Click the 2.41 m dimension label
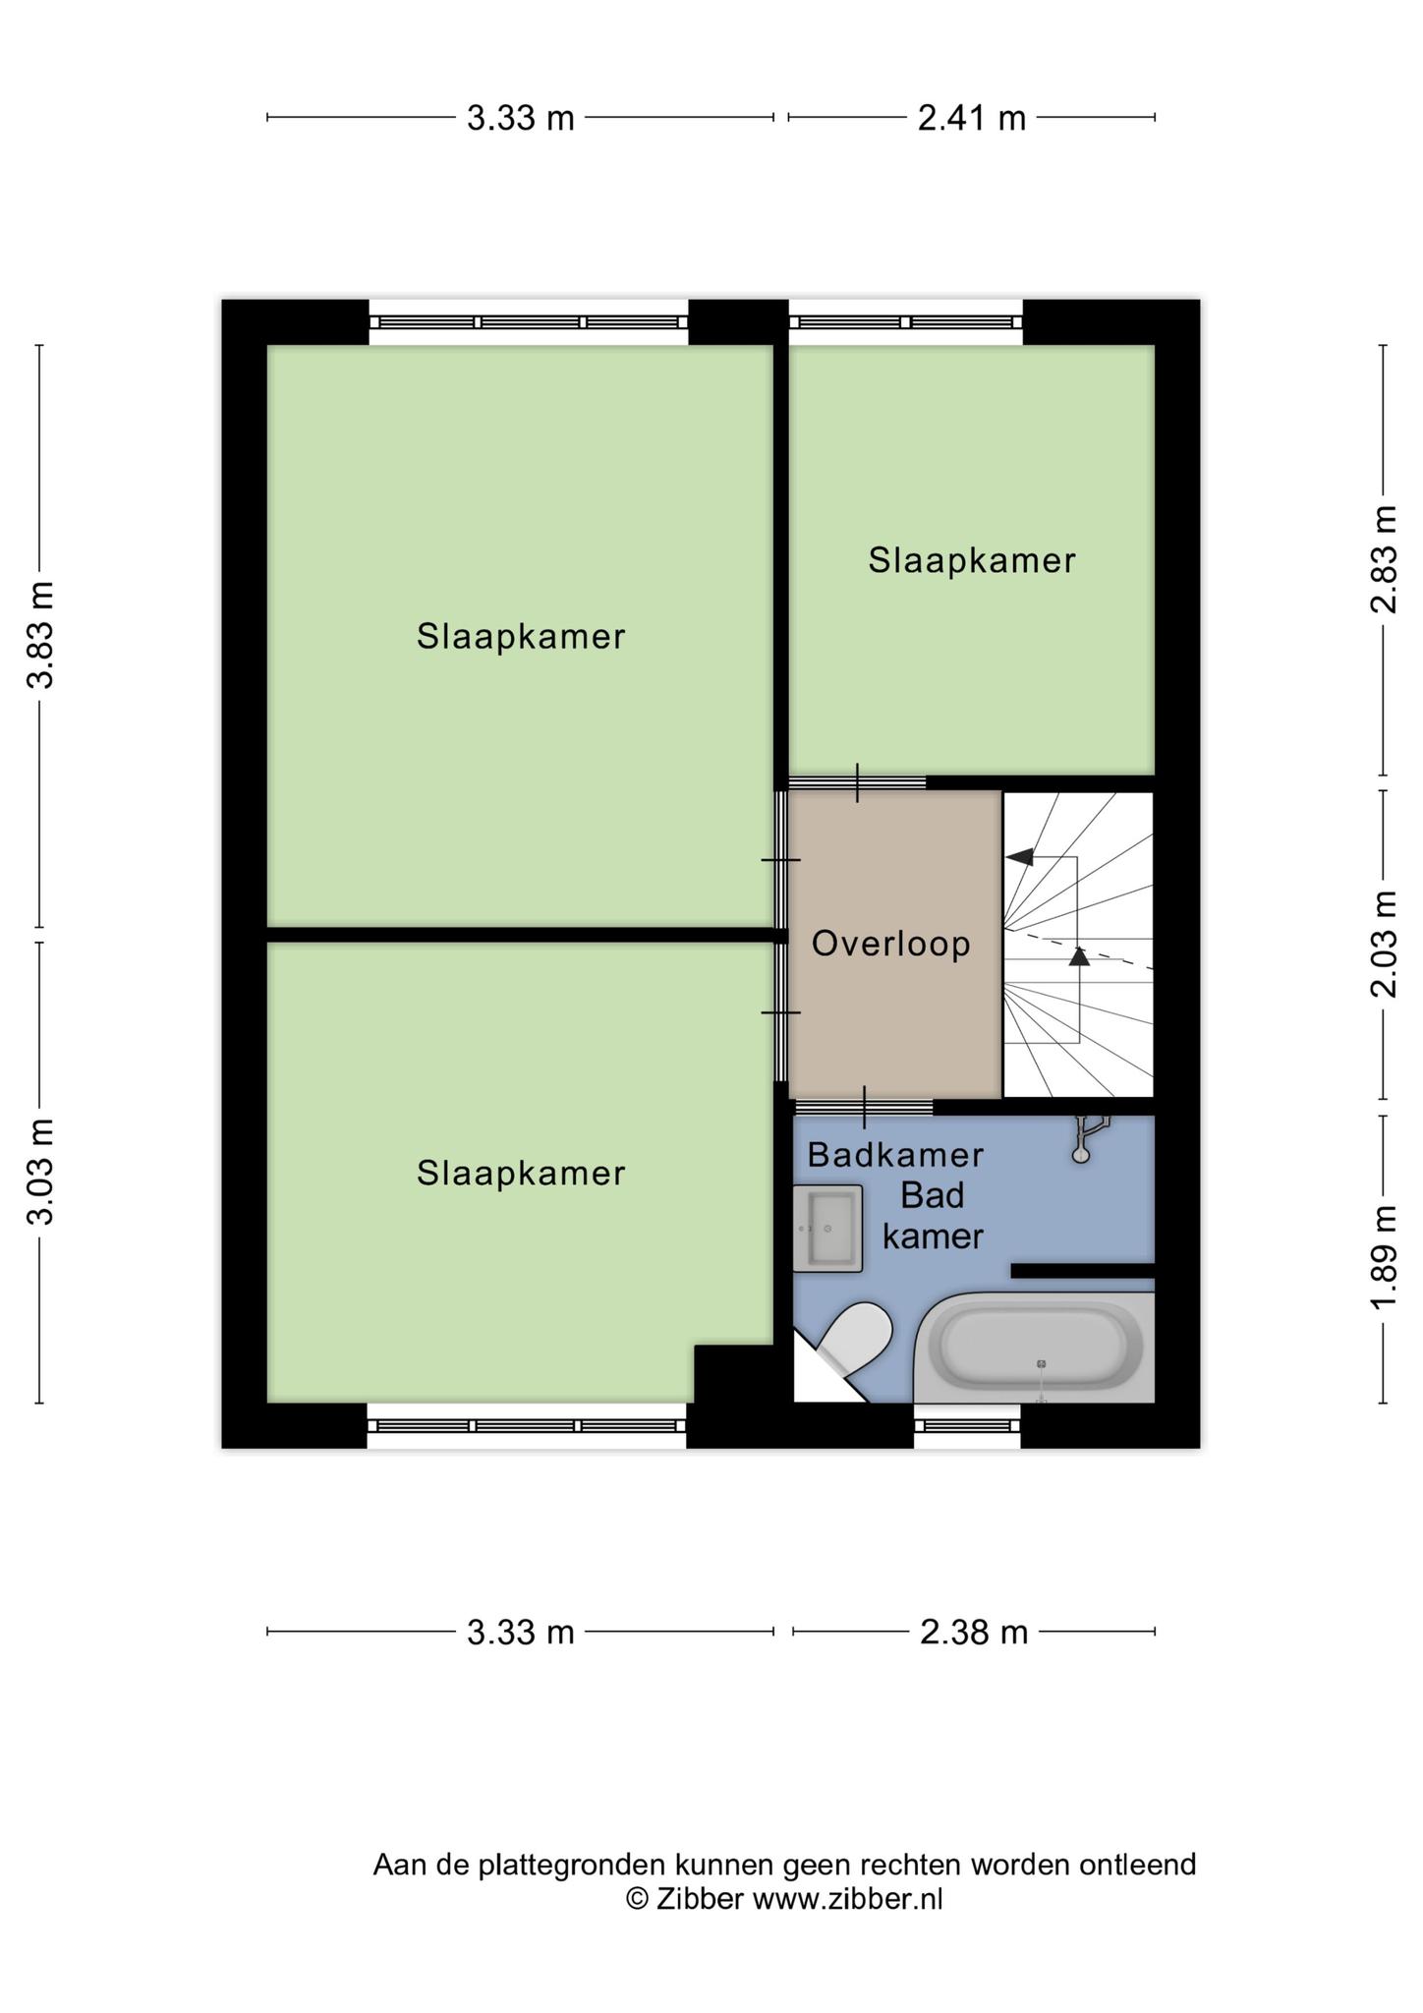971,118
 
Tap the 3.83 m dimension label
40,635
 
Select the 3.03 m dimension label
40,1172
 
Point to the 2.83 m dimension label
1384,558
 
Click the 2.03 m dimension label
1384,944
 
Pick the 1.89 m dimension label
1384,1258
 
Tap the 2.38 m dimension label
973,1633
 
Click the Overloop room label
891,944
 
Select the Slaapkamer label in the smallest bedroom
972,560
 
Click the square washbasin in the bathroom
827,1229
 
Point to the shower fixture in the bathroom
1086,1138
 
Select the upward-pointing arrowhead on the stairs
1079,954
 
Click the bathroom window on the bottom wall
967,1425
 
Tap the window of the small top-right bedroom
906,322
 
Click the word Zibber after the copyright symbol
700,1899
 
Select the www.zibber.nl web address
848,1899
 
